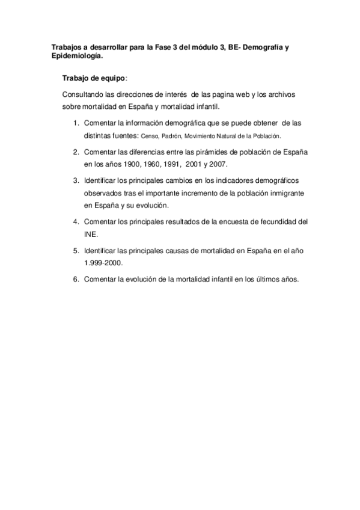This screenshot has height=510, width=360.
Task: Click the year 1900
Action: click(132, 164)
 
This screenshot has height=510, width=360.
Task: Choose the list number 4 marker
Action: click(76, 221)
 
